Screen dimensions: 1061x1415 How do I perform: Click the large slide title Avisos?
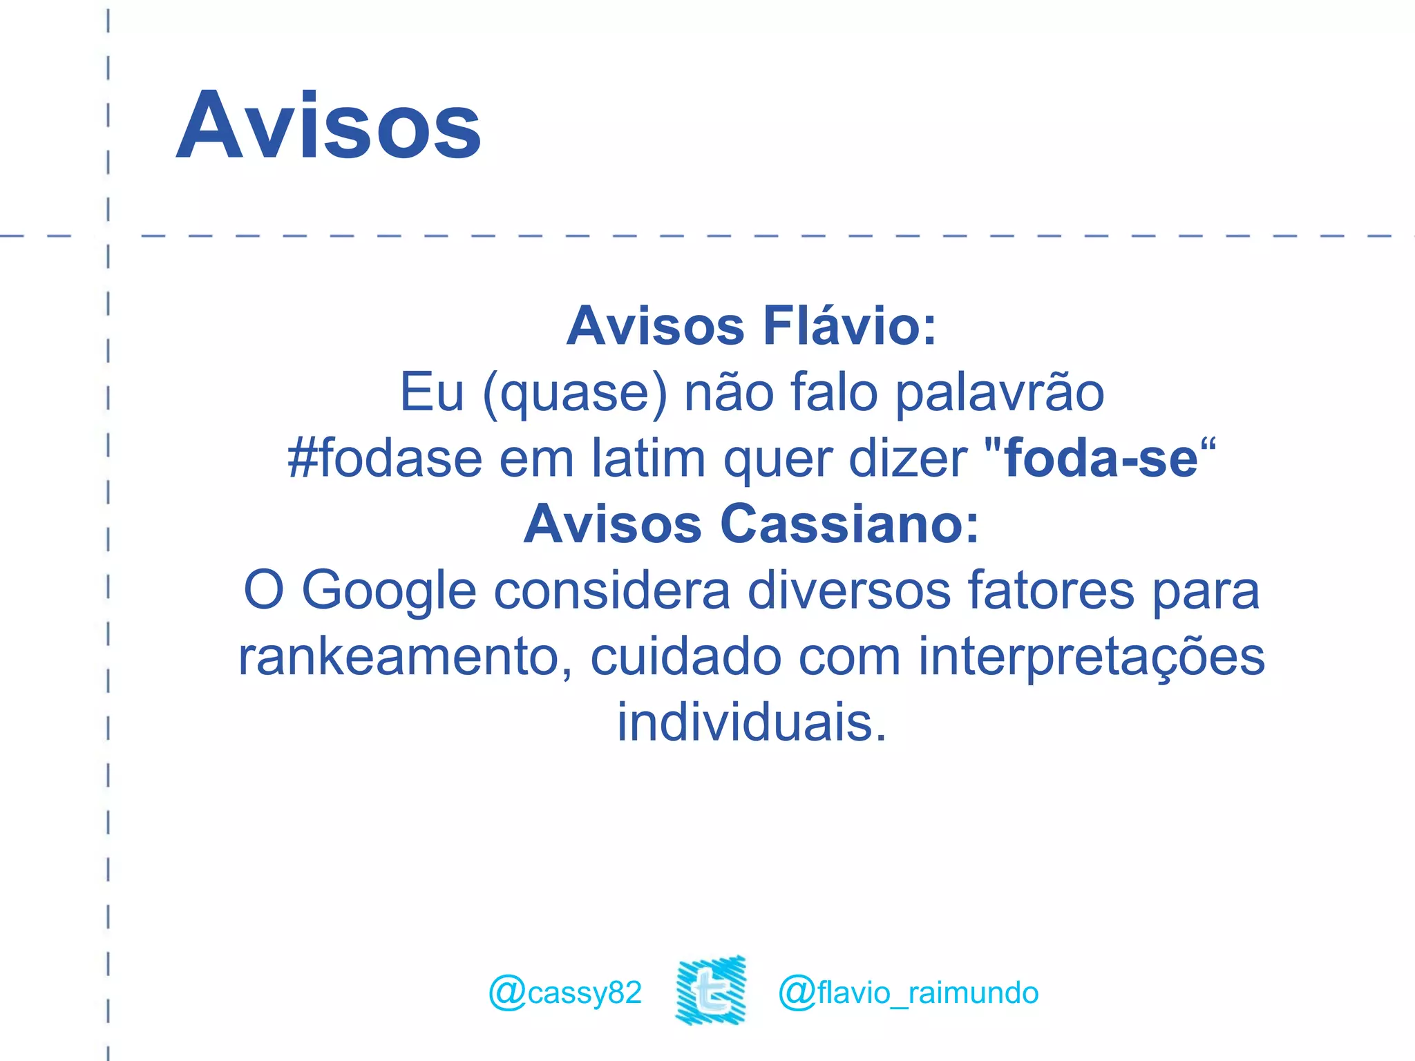[329, 126]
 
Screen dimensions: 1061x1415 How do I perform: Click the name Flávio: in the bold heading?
[849, 326]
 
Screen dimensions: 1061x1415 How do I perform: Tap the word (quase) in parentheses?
[575, 393]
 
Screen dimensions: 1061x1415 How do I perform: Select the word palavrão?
[999, 393]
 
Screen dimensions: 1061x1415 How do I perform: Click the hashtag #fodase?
[384, 459]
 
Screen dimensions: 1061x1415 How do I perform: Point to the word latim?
[649, 459]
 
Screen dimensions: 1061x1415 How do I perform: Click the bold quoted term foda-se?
[1101, 459]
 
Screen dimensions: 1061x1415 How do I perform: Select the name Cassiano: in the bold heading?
[849, 524]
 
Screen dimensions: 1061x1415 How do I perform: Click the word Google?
[389, 591]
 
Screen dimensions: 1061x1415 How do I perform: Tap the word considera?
[611, 591]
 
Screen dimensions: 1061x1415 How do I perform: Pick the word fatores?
[1050, 591]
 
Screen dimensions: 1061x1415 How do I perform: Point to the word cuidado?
[685, 657]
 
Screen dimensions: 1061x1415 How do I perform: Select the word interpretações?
[1091, 657]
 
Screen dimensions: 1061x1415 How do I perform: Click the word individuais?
[751, 723]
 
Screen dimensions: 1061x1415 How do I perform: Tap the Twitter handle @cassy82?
[565, 993]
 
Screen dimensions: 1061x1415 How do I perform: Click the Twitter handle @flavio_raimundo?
[908, 993]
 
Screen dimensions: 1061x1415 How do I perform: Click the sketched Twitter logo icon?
[711, 990]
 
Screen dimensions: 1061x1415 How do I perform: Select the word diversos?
[849, 591]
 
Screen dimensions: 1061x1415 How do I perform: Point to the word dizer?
[908, 459]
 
